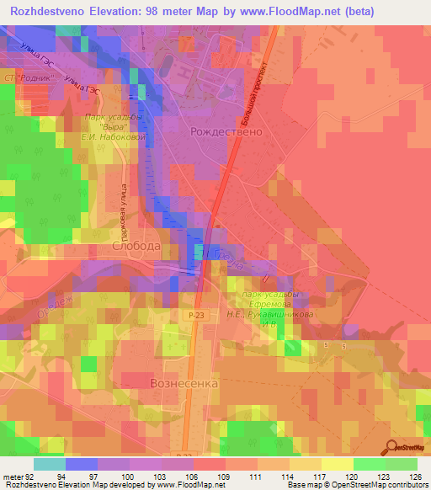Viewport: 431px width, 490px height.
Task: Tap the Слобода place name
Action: [136, 246]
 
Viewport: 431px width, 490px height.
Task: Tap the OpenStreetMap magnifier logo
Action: [391, 447]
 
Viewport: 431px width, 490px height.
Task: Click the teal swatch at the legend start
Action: [50, 464]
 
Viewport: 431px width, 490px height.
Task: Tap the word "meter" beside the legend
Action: [13, 476]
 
